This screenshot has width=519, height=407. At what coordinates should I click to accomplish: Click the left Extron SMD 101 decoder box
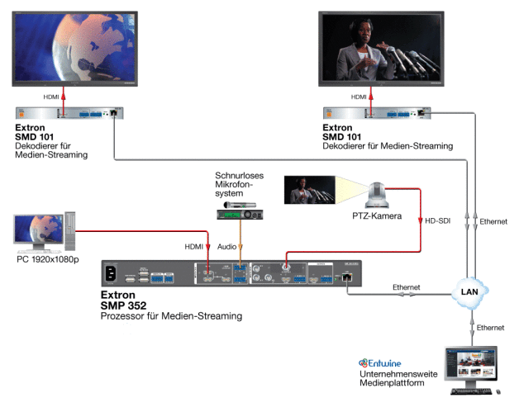point(71,113)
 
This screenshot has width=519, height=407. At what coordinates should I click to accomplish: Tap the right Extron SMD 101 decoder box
point(377,113)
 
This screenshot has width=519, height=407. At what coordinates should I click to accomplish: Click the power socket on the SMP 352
point(111,274)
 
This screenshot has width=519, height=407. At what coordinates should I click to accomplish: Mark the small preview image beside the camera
point(310,190)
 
